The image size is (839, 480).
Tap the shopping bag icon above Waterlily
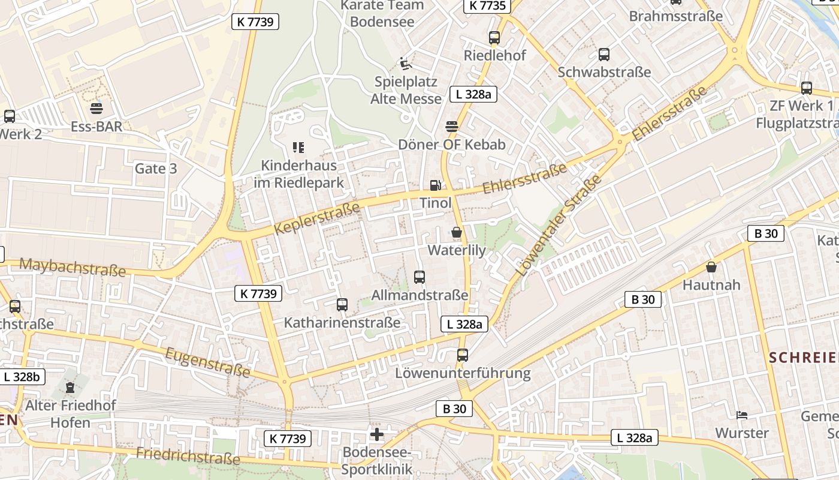pyautogui.click(x=457, y=232)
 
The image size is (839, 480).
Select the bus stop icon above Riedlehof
pyautogui.click(x=494, y=38)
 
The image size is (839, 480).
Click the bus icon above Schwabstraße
pyautogui.click(x=604, y=55)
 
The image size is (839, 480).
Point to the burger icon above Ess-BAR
pyautogui.click(x=96, y=109)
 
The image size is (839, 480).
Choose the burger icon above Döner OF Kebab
pyautogui.click(x=452, y=127)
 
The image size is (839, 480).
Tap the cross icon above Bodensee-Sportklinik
pyautogui.click(x=377, y=434)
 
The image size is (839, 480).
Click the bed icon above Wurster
pyautogui.click(x=742, y=415)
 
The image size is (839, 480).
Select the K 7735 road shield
pyautogui.click(x=487, y=6)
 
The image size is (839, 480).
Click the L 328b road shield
pyautogui.click(x=22, y=377)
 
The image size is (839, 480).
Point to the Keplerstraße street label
pyautogui.click(x=318, y=218)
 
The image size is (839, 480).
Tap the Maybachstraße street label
pyautogui.click(x=73, y=266)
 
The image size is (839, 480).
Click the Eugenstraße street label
pyautogui.click(x=207, y=362)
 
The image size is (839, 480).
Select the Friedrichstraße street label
pyautogui.click(x=188, y=456)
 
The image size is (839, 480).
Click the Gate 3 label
pyautogui.click(x=156, y=169)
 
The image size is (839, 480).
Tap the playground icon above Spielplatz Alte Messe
pyautogui.click(x=406, y=63)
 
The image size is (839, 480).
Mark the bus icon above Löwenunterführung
pyautogui.click(x=462, y=355)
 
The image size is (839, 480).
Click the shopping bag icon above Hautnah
pyautogui.click(x=711, y=267)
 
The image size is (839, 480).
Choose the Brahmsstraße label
pyautogui.click(x=676, y=16)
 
